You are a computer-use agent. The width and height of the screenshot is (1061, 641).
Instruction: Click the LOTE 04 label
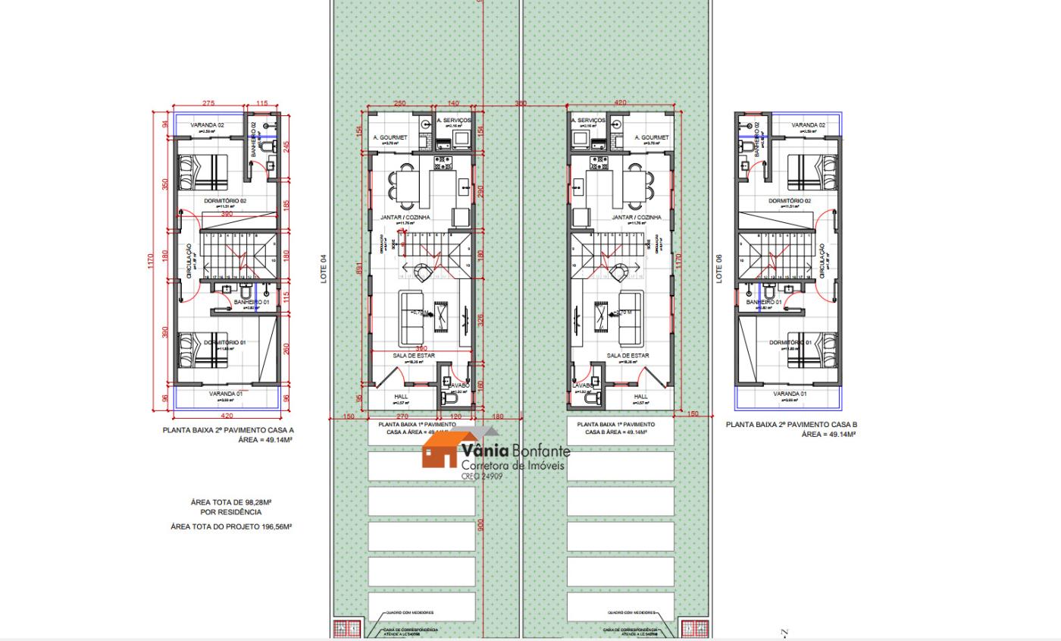coord(324,269)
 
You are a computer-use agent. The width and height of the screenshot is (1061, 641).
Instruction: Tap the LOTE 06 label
coord(719,269)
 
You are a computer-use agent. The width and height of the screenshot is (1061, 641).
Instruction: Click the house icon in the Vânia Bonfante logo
coord(440,450)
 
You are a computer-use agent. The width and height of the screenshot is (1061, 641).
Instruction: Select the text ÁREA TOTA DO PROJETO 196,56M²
coord(231,526)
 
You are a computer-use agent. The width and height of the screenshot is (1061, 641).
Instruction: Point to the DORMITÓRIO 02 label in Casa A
coord(224,201)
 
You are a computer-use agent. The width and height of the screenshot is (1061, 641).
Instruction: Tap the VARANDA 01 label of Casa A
coord(226,394)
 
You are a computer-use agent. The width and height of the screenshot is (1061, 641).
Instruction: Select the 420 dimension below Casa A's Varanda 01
coord(227,416)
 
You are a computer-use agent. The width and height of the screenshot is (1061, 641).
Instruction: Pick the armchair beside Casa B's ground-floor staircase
coord(621,272)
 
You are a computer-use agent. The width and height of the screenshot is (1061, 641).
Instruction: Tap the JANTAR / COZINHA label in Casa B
coord(637,218)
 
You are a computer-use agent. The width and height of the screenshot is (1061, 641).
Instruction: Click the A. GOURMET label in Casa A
coord(390,138)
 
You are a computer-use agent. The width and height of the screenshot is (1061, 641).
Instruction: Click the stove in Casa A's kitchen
coord(441,162)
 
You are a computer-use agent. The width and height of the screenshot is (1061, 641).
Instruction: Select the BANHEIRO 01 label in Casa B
coord(763,302)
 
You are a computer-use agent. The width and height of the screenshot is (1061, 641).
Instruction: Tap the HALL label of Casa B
coord(641,396)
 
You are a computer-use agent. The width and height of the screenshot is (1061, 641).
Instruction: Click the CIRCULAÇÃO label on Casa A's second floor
coord(189,261)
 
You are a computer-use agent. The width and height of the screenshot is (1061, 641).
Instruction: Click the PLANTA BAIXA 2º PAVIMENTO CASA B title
coord(791,425)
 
